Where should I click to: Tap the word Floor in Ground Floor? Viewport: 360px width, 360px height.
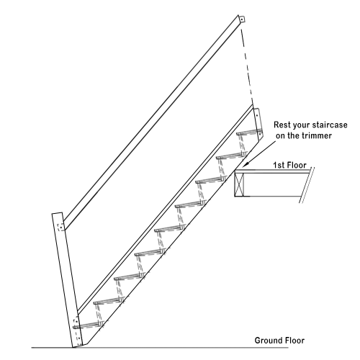295,341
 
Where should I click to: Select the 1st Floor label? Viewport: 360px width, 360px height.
290,165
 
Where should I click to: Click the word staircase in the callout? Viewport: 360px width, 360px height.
329,125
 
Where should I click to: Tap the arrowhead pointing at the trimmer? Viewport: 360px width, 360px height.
245,165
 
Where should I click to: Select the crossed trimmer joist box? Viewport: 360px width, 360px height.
239,184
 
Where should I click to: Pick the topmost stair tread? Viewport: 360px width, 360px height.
249,132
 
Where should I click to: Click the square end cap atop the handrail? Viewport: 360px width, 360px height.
242,19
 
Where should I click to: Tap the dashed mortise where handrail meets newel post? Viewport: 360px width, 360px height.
60,227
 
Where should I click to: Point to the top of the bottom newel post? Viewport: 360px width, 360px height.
57,213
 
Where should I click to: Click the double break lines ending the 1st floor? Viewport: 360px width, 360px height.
307,185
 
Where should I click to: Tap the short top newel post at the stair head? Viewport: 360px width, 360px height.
258,124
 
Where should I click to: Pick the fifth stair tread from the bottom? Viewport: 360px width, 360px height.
170,229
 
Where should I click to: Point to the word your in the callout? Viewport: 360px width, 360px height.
300,125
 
